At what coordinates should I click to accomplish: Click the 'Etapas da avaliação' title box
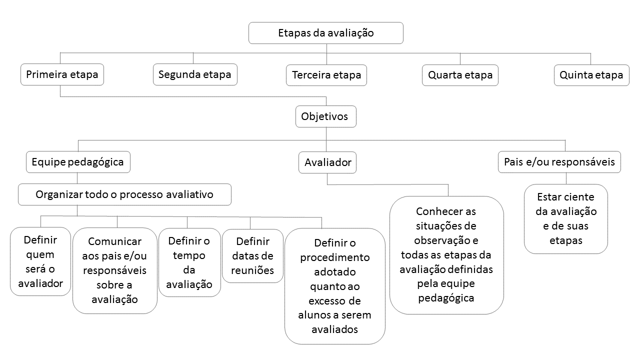pos(325,33)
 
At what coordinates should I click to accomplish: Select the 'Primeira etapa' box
pos(62,74)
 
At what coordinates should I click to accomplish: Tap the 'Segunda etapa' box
pos(195,74)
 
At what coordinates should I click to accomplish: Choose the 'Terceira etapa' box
pos(326,75)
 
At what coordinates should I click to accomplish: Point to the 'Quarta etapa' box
pos(460,75)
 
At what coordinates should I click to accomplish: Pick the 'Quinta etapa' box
pos(591,75)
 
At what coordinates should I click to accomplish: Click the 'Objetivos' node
pos(325,116)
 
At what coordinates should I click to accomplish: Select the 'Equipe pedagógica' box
pos(78,162)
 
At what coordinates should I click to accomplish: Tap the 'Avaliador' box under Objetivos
pos(327,162)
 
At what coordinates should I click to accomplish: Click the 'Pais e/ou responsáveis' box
pos(559,162)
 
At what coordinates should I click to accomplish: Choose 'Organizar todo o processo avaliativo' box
pos(124,194)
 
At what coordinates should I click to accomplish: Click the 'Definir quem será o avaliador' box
pos(40,261)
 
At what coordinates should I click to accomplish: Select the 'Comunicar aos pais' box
pos(115,270)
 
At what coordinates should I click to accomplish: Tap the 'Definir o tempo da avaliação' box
pos(189,262)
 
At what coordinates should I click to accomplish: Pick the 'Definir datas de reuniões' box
pos(252,256)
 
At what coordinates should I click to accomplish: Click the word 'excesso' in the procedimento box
pos(334,301)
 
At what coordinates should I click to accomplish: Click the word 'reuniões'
pos(252,270)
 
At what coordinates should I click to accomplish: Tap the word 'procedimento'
pos(335,257)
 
